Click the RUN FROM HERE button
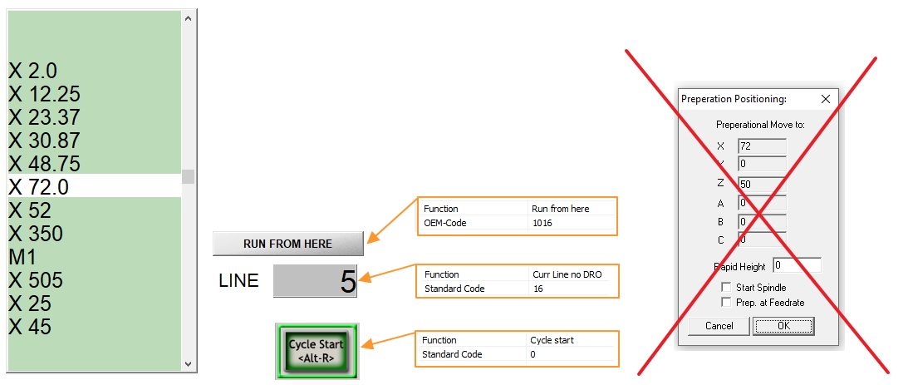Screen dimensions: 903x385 pos(288,244)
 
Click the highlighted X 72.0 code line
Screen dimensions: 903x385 pos(95,186)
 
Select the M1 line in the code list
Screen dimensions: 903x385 pos(22,257)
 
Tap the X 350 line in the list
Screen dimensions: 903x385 pos(36,234)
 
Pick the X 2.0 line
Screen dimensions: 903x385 pos(33,71)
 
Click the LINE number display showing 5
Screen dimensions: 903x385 pos(316,281)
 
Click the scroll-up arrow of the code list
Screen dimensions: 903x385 pos(188,18)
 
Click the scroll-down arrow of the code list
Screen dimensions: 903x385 pos(188,363)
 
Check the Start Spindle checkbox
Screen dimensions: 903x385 pos(726,287)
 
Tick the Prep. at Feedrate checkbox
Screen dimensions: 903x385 pos(726,302)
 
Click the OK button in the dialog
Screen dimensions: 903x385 pos(783,326)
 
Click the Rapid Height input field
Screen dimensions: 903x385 pos(797,266)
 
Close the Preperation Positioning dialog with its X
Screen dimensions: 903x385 pos(826,99)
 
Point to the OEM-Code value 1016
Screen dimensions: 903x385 pos(542,223)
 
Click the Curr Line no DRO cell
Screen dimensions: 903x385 pos(567,274)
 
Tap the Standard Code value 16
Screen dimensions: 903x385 pos(537,289)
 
